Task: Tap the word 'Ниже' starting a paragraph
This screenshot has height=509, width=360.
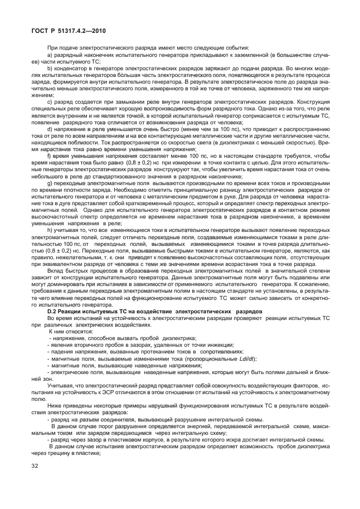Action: coord(56,408)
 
